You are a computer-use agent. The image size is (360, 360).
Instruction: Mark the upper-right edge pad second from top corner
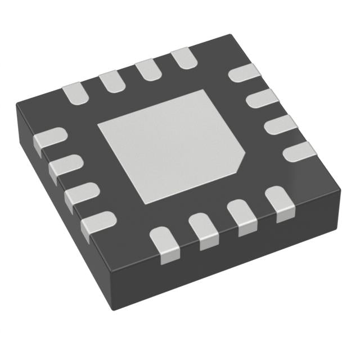pyautogui.click(x=263, y=100)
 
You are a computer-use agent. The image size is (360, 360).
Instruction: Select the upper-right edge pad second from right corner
pyautogui.click(x=280, y=125)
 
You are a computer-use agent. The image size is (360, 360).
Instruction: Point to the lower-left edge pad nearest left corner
pyautogui.click(x=49, y=138)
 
